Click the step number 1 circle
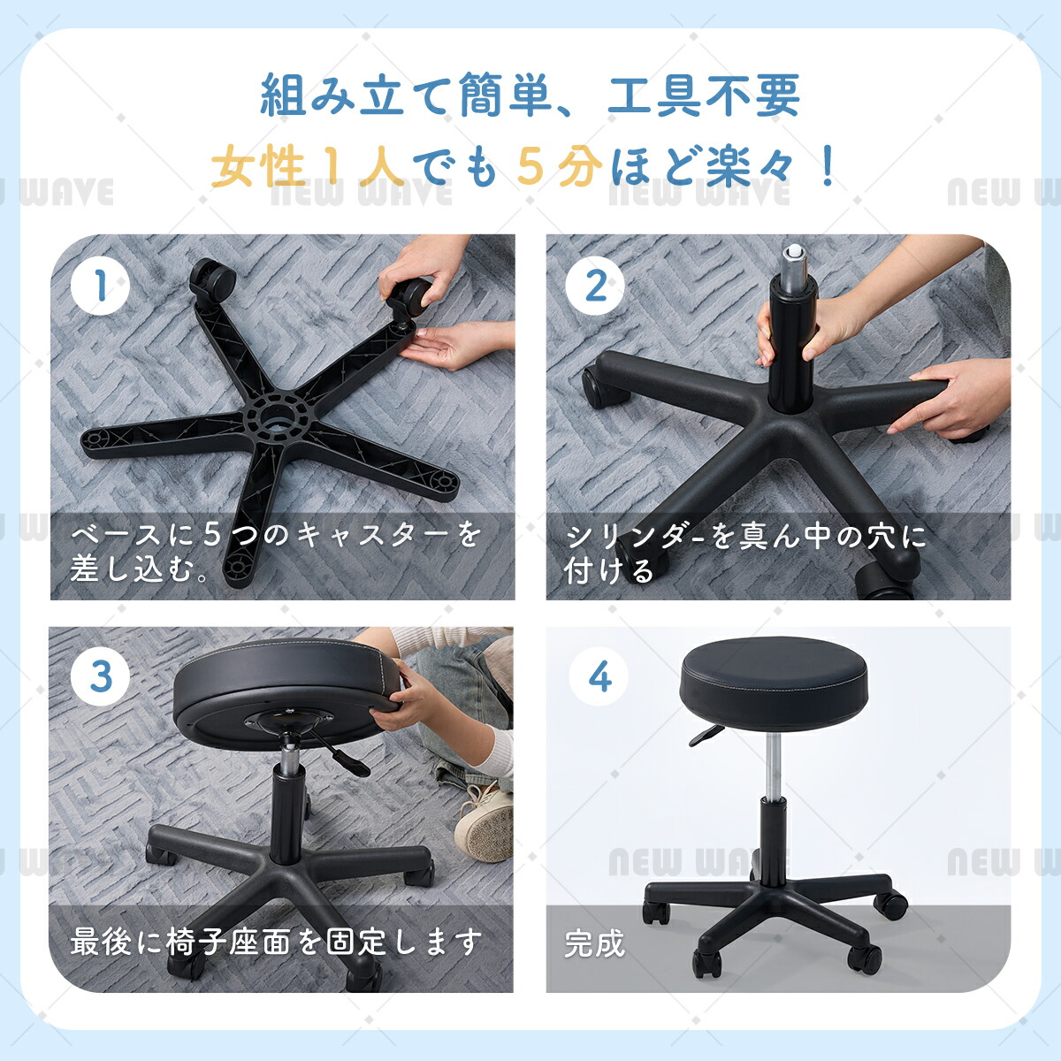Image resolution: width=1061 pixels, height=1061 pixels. tap(100, 286)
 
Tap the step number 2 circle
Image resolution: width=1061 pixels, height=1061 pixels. tap(595, 286)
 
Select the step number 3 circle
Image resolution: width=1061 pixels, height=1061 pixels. tap(100, 676)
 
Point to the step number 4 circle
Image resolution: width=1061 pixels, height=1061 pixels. tap(599, 676)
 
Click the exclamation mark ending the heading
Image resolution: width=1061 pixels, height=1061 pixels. tap(828, 165)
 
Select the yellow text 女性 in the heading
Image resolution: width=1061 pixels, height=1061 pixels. tap(258, 165)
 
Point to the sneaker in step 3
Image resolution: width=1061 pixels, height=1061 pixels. tap(484, 827)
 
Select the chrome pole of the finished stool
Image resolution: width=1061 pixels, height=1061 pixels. tap(773, 766)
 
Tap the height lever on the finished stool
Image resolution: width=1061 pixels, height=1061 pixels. tap(706, 735)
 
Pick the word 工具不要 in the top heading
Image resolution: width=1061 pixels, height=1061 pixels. tap(703, 95)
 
